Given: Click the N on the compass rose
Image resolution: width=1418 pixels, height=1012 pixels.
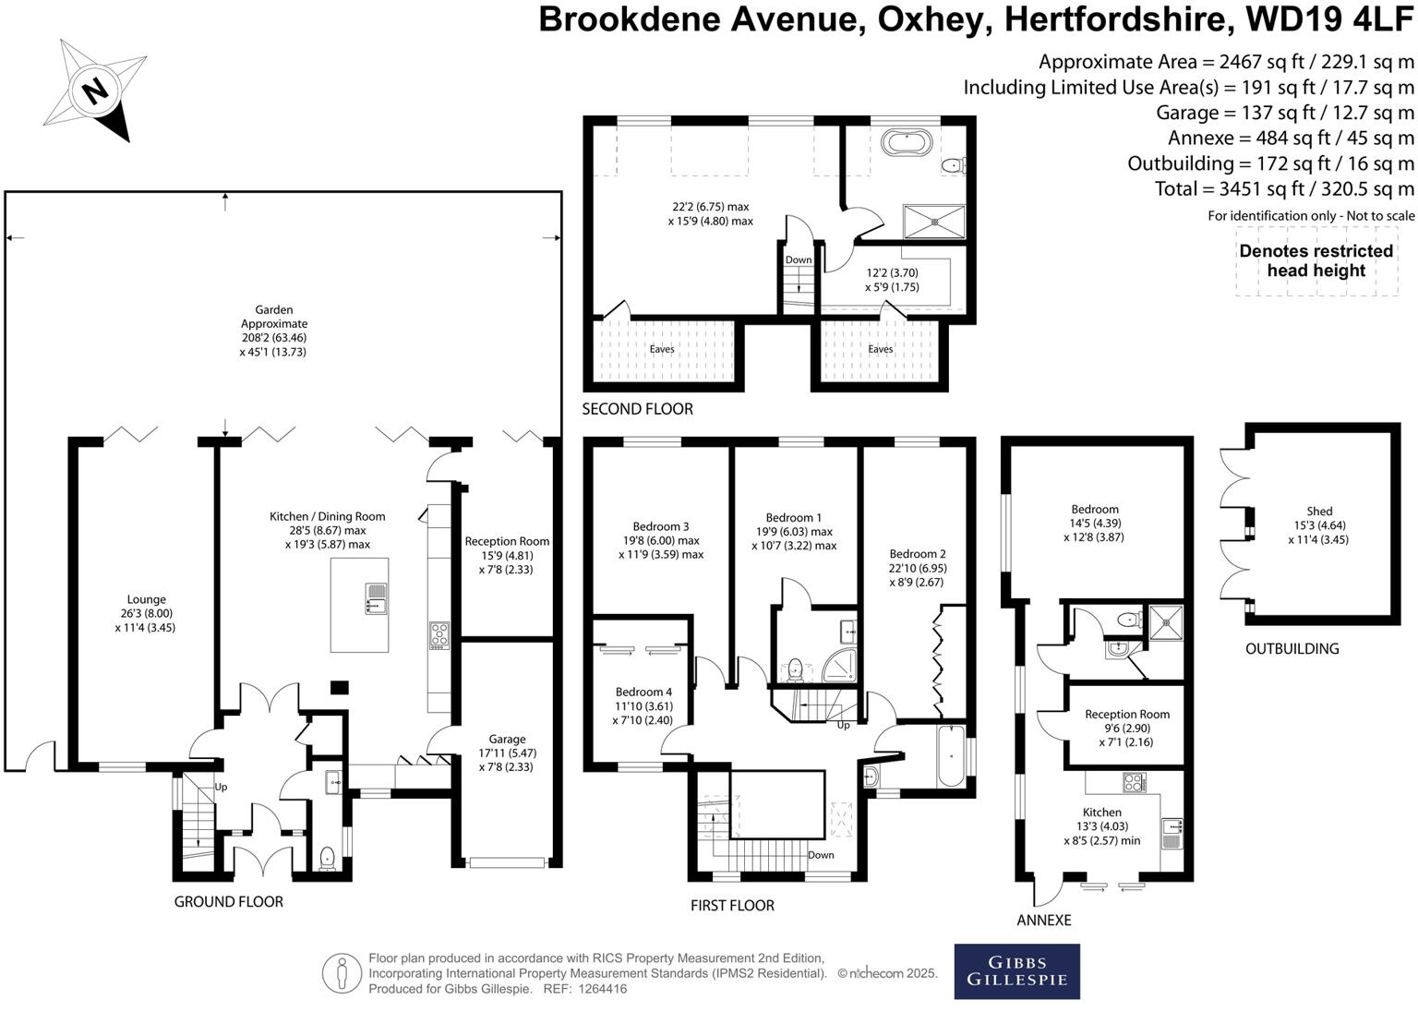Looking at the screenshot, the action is point(96,91).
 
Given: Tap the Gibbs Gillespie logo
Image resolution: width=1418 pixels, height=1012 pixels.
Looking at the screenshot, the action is point(1016,971).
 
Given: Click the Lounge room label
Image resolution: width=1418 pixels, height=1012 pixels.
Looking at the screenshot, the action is point(146,599).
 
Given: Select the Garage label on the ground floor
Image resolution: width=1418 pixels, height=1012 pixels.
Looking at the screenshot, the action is point(507,739).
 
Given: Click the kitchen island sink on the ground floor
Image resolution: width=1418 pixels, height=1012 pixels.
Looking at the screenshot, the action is point(376,598).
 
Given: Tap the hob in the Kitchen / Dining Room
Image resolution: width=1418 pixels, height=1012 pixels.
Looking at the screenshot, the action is point(439,635).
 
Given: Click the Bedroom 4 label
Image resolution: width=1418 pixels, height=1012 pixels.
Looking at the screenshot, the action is point(643,693).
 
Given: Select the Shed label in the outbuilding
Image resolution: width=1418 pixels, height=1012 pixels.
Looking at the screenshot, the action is point(1319,511).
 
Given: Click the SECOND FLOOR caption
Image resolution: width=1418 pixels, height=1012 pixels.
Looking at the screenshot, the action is point(638,409).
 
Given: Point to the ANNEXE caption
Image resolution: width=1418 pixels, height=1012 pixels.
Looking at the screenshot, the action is point(1044,921).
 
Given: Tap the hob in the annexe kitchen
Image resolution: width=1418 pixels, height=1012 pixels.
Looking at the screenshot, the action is point(1135,783).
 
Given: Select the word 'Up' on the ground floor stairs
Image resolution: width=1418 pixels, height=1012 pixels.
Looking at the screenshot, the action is point(221,788).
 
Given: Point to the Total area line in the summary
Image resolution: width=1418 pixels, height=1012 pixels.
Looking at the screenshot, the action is point(1284,188).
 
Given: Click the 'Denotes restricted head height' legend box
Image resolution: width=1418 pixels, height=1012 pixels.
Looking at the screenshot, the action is point(1316,261).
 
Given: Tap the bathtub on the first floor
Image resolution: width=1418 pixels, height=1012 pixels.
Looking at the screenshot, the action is point(951,756).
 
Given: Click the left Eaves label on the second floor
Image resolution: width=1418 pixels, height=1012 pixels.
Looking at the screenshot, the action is point(662,349).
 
